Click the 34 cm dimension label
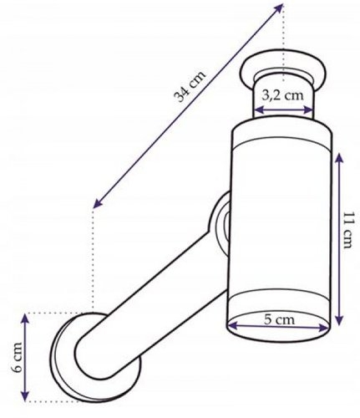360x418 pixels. point(190,85)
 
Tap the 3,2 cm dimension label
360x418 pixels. point(282,95)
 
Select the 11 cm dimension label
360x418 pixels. point(347,230)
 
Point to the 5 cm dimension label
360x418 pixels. point(279,319)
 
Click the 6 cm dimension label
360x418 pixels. point(18,357)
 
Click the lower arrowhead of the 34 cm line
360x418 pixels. point(97,203)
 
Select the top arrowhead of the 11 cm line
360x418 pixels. point(338,158)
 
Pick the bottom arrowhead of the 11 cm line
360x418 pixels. point(338,320)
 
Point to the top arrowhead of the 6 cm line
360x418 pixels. point(25,319)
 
